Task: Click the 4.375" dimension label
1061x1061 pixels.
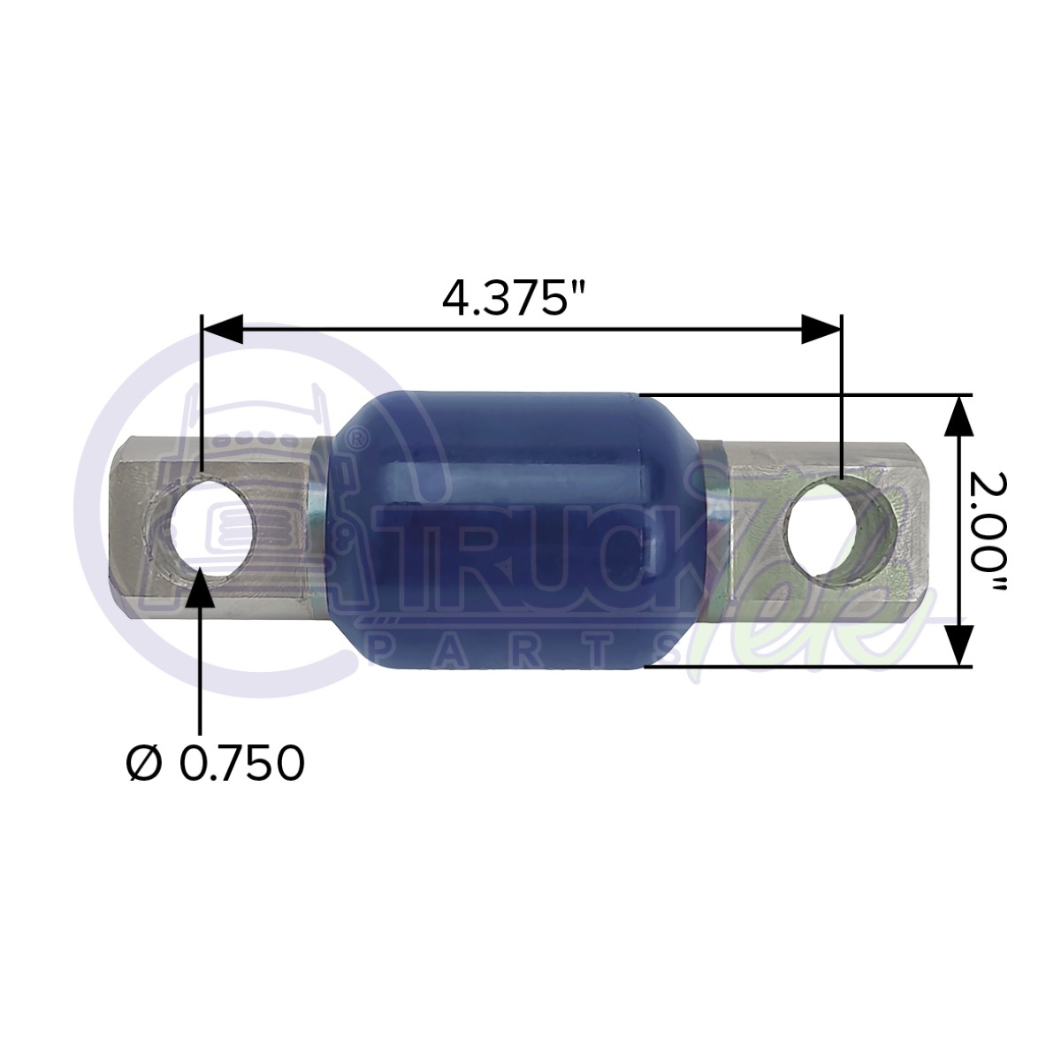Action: (515, 300)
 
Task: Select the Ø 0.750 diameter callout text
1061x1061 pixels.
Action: (215, 763)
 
